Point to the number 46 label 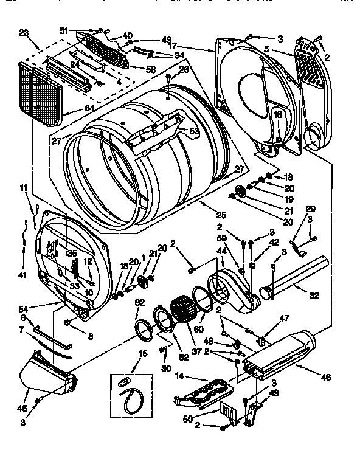[326, 378]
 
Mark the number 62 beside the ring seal [139, 302]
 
